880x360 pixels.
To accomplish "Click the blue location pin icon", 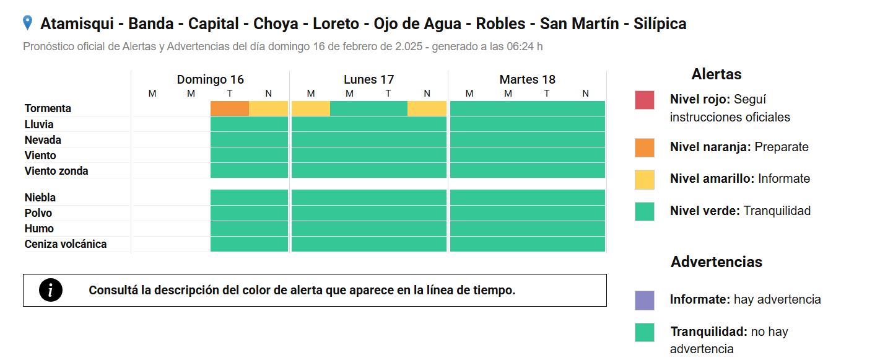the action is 27,22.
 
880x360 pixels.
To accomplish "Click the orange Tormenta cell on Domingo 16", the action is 230,108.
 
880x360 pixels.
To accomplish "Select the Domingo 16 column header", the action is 210,79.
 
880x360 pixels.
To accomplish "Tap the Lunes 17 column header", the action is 368,79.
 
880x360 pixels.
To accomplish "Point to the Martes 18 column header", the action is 527,79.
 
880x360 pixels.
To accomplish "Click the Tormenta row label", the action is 48,108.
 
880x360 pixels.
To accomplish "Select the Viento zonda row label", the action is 56,171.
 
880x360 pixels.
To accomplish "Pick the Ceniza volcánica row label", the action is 65,244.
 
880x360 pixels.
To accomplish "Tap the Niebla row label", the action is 40,197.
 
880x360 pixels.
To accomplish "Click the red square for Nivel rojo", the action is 645,100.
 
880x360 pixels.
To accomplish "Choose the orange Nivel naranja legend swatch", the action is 645,147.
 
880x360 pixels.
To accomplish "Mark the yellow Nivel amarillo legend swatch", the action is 645,180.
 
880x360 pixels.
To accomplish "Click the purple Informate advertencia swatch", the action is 645,301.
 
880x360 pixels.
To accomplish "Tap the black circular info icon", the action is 51,290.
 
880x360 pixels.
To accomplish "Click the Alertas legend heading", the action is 716,74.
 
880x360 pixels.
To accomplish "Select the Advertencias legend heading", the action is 716,261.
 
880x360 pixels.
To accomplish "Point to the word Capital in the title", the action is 213,24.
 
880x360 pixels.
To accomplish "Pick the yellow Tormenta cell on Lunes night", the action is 427,108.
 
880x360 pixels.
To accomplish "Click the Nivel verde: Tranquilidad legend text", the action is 740,211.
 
